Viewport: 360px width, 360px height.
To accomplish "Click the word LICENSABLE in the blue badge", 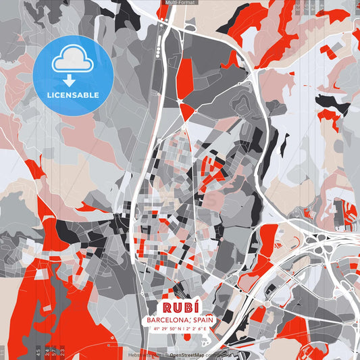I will [73, 95].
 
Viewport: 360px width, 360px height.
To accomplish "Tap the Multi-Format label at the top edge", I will [180, 3].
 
